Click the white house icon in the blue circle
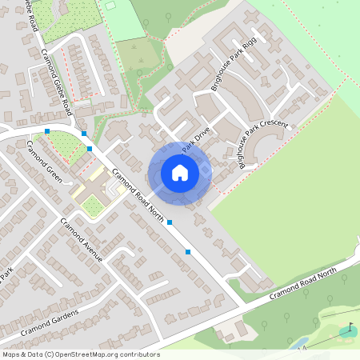point(179,173)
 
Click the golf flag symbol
point(348,329)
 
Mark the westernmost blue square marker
point(48,130)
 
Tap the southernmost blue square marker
point(188,252)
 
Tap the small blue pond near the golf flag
point(298,342)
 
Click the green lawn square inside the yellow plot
point(93,207)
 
